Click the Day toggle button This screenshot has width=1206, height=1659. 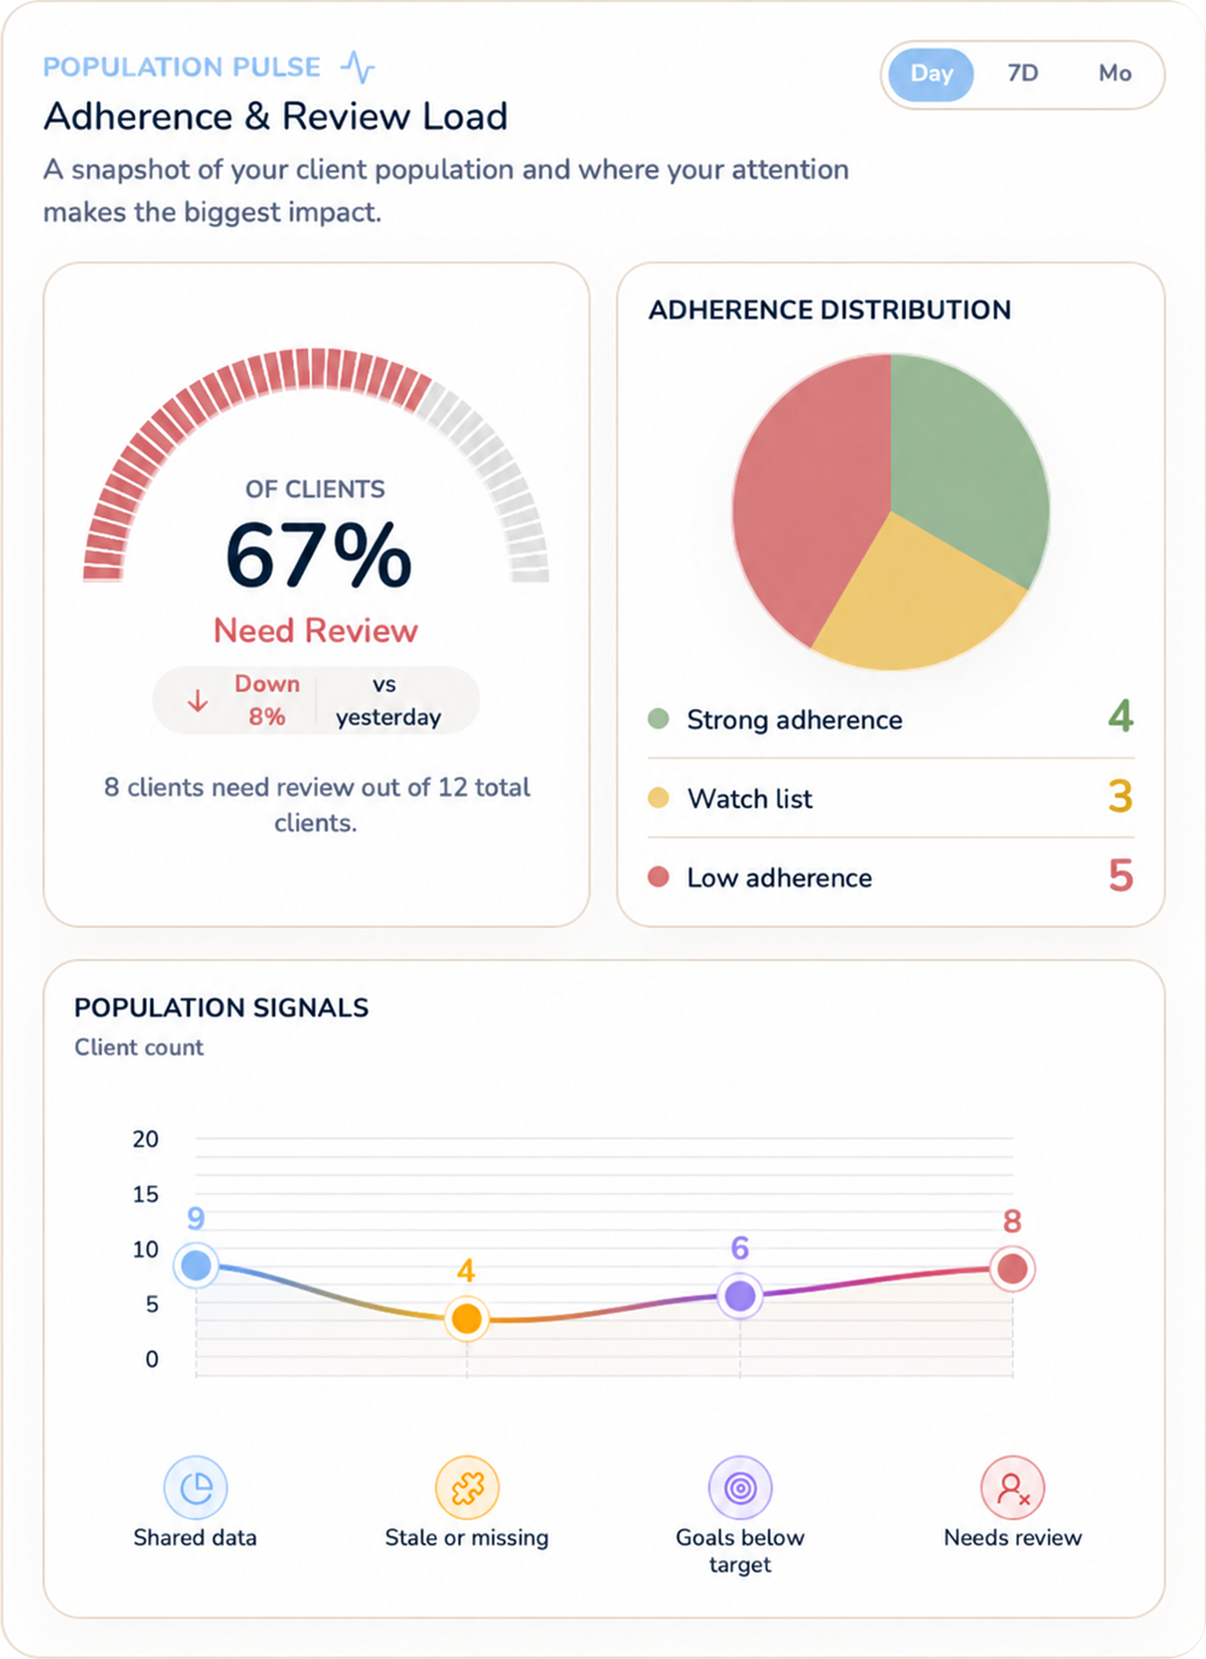(x=931, y=74)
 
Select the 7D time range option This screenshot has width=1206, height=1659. (x=1022, y=74)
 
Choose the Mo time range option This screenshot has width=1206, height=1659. (x=1115, y=74)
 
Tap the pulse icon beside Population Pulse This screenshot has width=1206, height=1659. (x=358, y=66)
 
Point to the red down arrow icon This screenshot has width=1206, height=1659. (x=198, y=701)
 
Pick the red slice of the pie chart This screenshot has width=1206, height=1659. (x=805, y=497)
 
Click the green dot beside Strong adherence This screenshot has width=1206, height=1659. (x=658, y=719)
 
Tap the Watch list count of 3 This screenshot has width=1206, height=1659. (x=1120, y=797)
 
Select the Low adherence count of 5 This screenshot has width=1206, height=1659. (x=1120, y=876)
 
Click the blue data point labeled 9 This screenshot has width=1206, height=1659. (x=196, y=1266)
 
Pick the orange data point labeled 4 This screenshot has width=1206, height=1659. (x=467, y=1319)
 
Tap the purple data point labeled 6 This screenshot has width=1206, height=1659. (x=740, y=1296)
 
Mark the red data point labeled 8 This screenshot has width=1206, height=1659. (x=1012, y=1268)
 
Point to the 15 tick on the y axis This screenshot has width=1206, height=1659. (x=145, y=1195)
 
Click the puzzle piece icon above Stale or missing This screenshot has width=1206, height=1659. (x=468, y=1488)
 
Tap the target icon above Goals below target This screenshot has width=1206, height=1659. (x=740, y=1488)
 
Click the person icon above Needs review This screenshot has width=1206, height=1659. (x=1013, y=1488)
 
